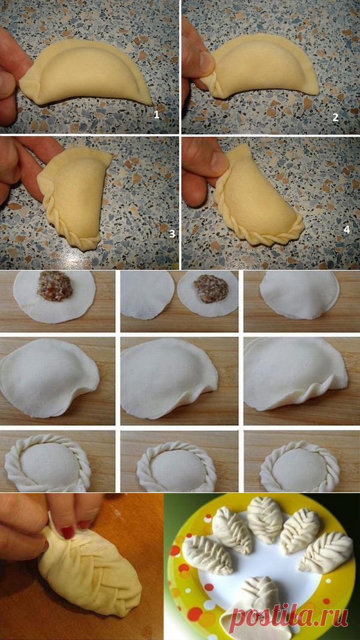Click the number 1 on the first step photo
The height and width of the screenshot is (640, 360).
[x=157, y=115]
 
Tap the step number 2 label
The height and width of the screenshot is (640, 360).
[x=335, y=118]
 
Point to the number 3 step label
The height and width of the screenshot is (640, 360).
[x=172, y=234]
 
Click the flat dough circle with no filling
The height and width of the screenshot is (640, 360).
[x=148, y=294]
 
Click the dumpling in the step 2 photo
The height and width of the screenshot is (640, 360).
[x=263, y=65]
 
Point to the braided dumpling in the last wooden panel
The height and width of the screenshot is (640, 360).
[x=301, y=465]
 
